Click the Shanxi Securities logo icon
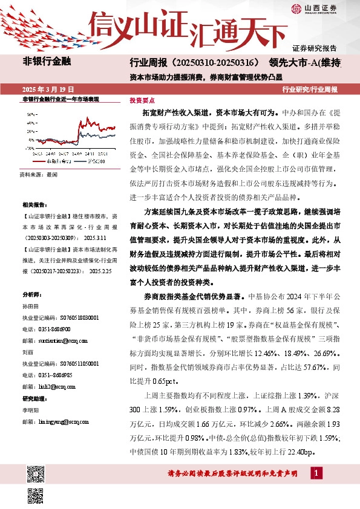[296, 8]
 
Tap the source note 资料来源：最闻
[38, 174]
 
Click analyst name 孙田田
[30, 308]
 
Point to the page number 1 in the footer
[317, 472]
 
